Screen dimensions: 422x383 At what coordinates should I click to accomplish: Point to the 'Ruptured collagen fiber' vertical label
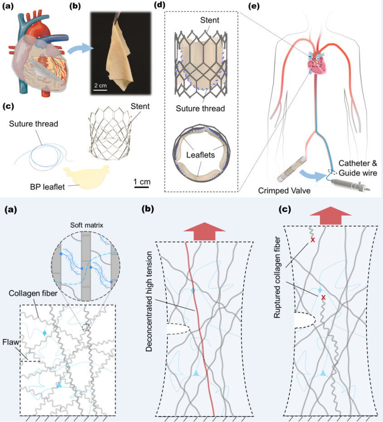pos(280,280)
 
